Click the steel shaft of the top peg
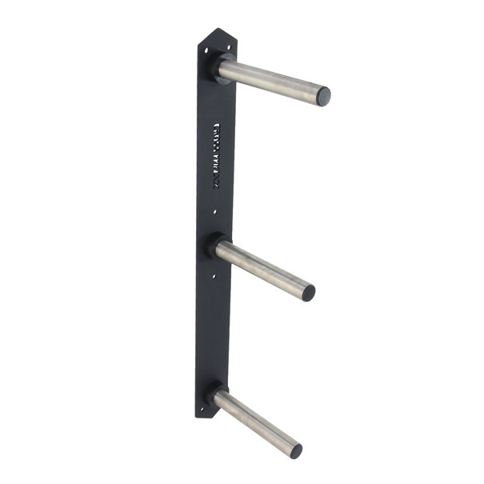272,80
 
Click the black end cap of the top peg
323,97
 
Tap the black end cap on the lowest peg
296,451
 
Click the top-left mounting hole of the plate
206,50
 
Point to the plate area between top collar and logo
214,104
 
